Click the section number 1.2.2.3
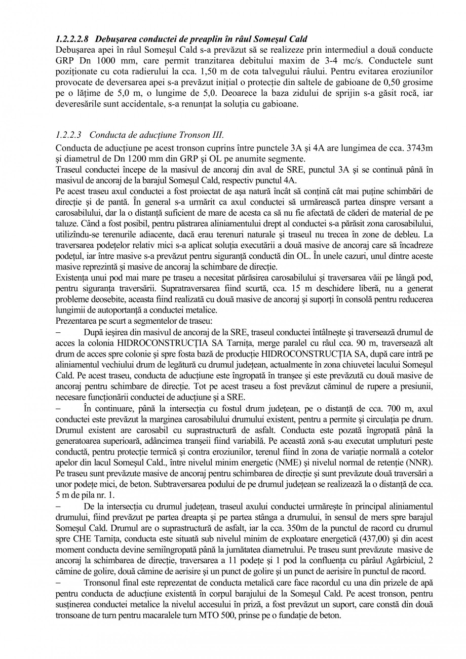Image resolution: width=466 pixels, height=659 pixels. (x=68, y=135)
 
